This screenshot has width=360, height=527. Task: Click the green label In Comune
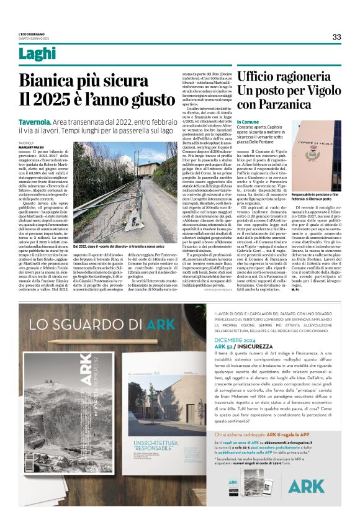(x=248, y=122)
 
